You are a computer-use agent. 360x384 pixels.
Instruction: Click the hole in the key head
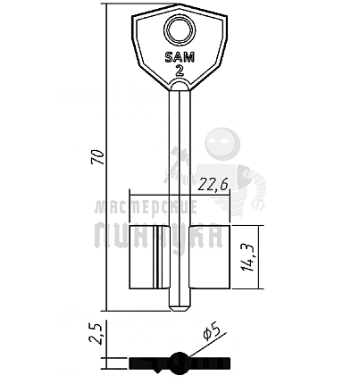(180, 30)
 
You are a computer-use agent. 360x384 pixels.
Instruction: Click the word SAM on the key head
(180, 57)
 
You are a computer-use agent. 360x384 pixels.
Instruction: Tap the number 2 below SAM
(180, 71)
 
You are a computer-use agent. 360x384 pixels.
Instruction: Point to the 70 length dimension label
(98, 156)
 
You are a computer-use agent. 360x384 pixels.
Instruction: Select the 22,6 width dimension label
(213, 185)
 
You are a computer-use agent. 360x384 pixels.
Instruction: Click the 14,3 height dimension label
(247, 257)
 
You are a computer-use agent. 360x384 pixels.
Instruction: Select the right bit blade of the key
(210, 257)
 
